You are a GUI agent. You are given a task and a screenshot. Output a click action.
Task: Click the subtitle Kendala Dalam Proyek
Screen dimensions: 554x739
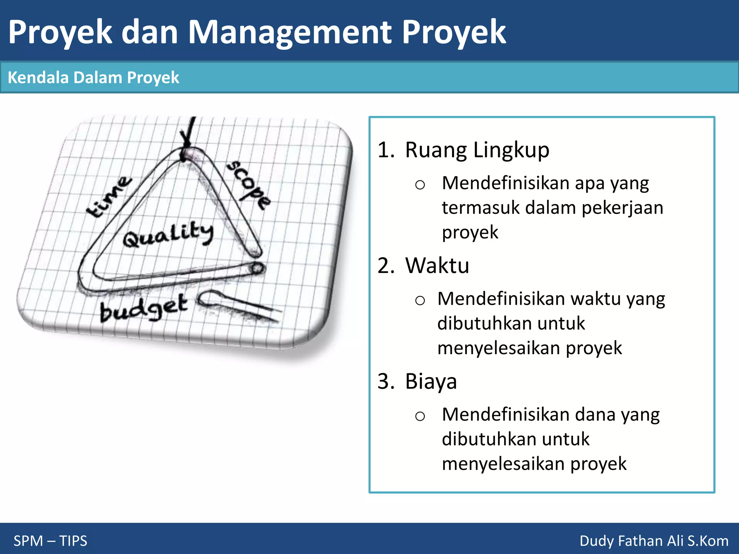tap(93, 78)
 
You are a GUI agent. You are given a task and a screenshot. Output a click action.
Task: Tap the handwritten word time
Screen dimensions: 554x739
tap(108, 197)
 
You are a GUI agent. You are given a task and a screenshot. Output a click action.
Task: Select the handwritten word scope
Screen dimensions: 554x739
tap(249, 184)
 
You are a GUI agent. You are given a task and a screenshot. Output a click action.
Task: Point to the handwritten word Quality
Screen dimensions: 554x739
tap(168, 235)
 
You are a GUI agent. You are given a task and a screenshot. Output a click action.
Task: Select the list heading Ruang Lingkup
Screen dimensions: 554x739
tap(477, 150)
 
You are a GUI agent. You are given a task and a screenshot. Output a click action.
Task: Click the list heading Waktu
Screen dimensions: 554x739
tap(437, 266)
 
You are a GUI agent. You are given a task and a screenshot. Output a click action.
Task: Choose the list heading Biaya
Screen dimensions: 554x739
tap(431, 382)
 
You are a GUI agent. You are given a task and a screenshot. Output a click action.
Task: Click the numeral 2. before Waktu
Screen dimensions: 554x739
tap(386, 266)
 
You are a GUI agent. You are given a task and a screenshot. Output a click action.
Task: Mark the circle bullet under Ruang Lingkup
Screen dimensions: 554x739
tap(420, 185)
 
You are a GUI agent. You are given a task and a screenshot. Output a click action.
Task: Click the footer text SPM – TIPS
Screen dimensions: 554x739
tap(50, 541)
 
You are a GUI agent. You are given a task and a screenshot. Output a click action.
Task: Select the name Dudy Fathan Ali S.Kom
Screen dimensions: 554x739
tap(653, 541)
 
